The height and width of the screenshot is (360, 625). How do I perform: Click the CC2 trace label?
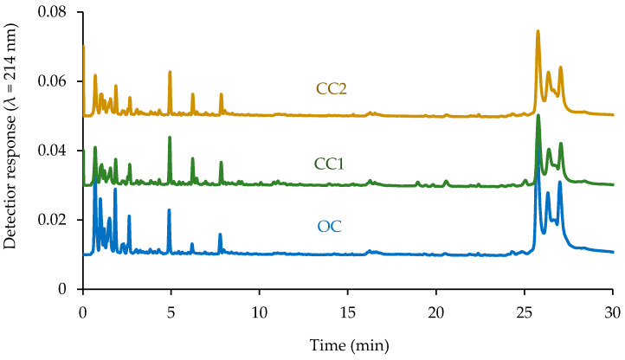click(331, 87)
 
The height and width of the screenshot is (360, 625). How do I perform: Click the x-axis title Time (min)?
click(347, 344)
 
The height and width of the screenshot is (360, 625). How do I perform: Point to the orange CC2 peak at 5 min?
click(170, 72)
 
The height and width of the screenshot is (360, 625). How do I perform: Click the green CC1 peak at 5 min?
click(170, 138)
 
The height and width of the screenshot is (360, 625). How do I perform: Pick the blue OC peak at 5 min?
click(170, 210)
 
